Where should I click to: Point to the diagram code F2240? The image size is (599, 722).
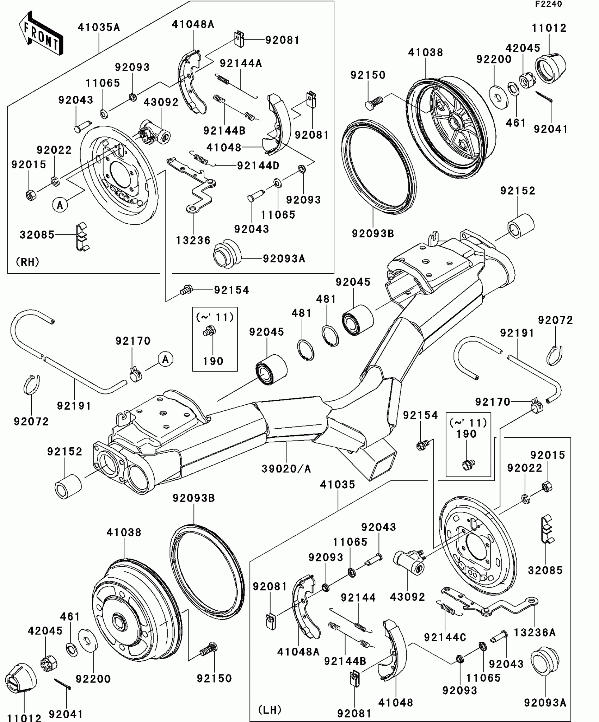pos(548,4)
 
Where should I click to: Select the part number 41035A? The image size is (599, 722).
pos(99,27)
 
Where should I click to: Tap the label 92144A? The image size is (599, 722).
pos(241,63)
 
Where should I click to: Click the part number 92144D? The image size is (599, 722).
pos(258,166)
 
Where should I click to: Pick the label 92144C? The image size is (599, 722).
pos(445,637)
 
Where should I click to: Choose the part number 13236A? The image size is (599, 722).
pos(534,633)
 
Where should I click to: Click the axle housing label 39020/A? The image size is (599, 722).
pos(286,469)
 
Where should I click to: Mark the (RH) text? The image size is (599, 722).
pos(27,262)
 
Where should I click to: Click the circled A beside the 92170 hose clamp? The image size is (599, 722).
pos(165,360)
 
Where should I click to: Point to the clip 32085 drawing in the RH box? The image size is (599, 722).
pos(82,236)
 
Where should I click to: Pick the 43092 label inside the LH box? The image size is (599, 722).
pos(407,597)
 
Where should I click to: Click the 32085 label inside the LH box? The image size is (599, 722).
pos(545,570)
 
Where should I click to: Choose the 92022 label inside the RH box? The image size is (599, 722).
pos(54,150)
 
